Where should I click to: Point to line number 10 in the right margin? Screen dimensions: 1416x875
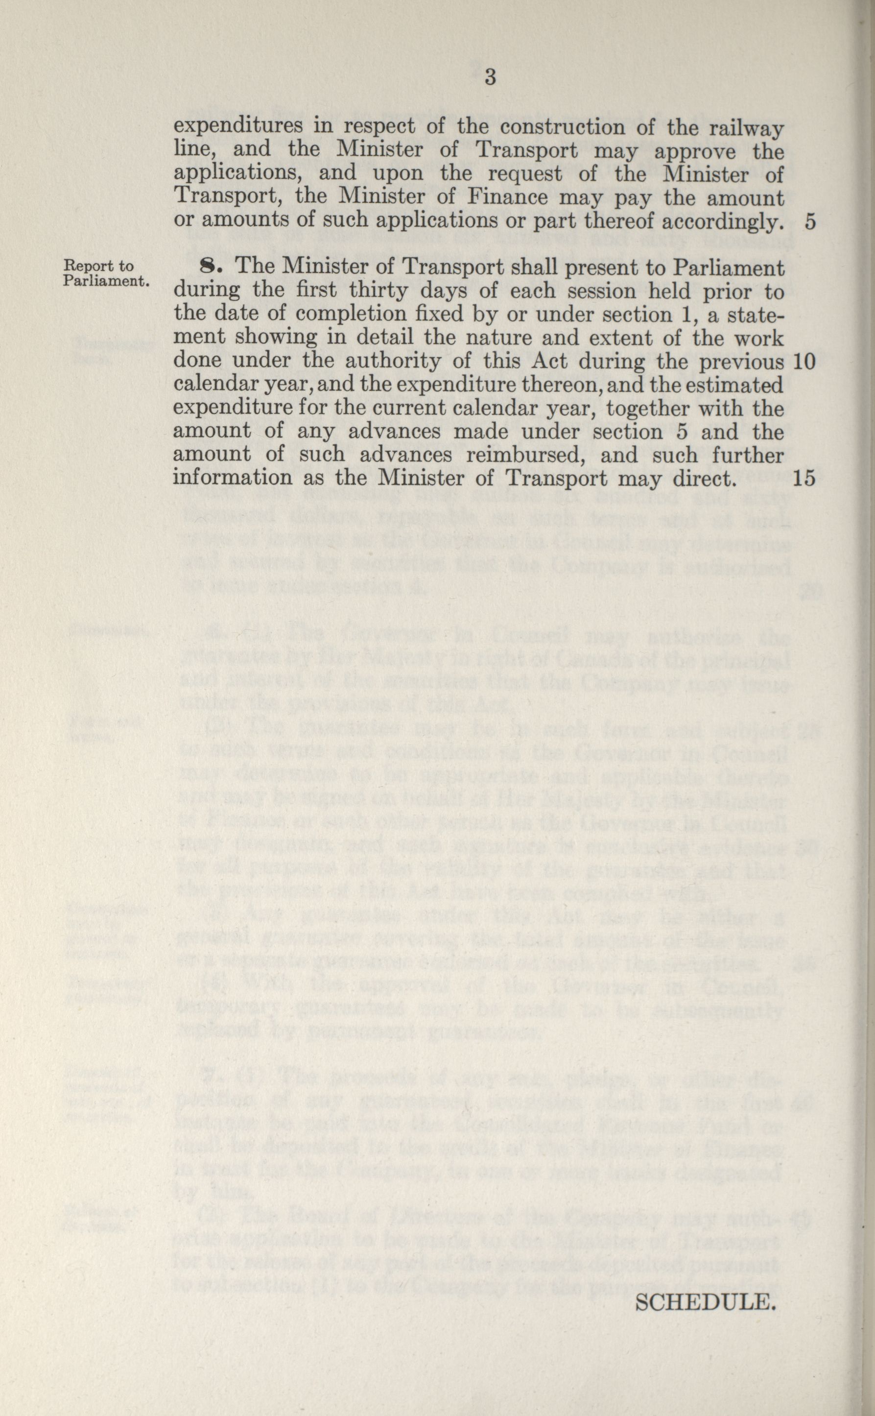pyautogui.click(x=804, y=362)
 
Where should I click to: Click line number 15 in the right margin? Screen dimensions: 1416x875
pyautogui.click(x=804, y=478)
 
